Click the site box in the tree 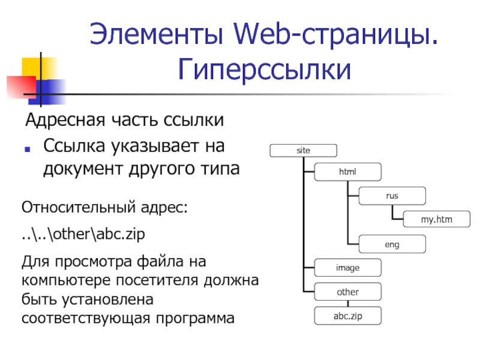pyautogui.click(x=303, y=151)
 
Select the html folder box pyautogui.click(x=347, y=172)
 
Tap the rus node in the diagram pyautogui.click(x=392, y=196)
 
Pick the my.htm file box pyautogui.click(x=436, y=220)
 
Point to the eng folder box pyautogui.click(x=392, y=244)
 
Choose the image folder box pyautogui.click(x=347, y=268)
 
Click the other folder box pyautogui.click(x=347, y=292)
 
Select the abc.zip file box pyautogui.click(x=347, y=316)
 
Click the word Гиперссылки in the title pyautogui.click(x=264, y=71)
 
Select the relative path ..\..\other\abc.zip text pyautogui.click(x=83, y=234)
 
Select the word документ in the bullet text pyautogui.click(x=82, y=170)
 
